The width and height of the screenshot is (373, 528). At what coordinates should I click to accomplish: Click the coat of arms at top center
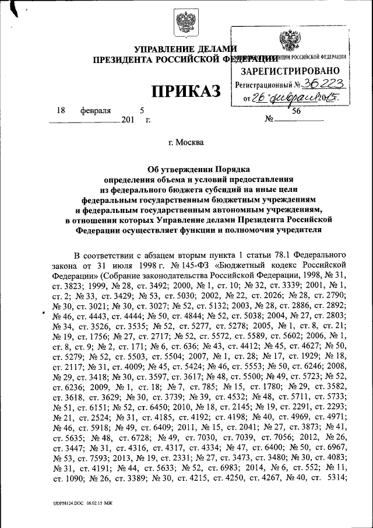(186, 23)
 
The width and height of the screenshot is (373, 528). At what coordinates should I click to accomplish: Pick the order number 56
(297, 110)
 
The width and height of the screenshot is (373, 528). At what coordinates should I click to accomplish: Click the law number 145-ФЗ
(182, 265)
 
